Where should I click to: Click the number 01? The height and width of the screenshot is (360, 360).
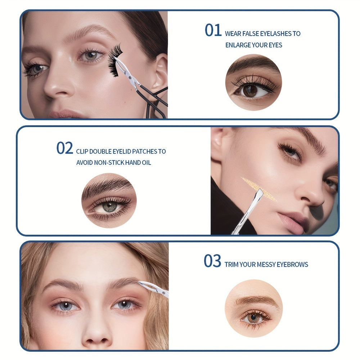coord(213,31)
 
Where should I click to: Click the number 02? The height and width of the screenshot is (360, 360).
coord(64,148)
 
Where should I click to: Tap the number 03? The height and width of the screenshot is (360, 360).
coord(212,261)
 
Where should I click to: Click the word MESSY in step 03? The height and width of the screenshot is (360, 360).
coord(266,265)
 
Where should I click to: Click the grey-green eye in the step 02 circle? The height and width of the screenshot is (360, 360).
coord(109,207)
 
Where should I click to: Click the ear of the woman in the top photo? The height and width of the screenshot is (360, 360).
coord(160,74)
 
